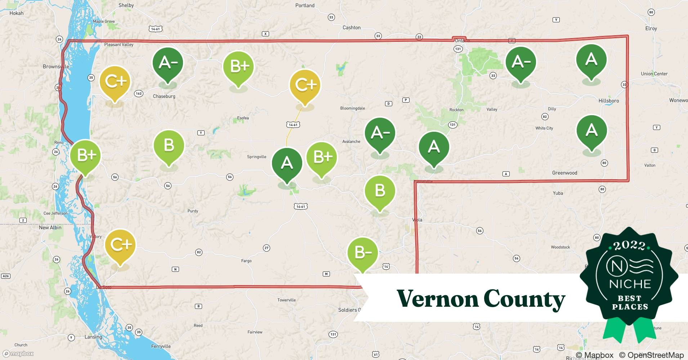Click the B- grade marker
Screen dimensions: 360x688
(x=363, y=253)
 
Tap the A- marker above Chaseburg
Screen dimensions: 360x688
(x=167, y=63)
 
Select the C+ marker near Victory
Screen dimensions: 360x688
(x=120, y=245)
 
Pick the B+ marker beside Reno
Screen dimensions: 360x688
(x=85, y=156)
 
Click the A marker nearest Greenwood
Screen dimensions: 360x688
(x=591, y=130)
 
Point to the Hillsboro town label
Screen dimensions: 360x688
(x=608, y=101)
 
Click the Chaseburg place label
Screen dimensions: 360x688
(x=164, y=96)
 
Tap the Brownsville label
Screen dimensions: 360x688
(x=56, y=67)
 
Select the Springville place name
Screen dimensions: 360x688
(x=256, y=157)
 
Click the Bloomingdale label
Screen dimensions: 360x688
(x=352, y=108)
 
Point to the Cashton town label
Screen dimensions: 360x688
(x=351, y=27)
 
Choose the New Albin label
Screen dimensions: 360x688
(x=50, y=228)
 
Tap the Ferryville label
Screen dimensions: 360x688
(x=161, y=346)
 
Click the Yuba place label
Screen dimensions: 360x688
(x=558, y=193)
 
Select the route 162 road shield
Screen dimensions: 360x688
(x=139, y=94)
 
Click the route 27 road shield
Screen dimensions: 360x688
(x=267, y=248)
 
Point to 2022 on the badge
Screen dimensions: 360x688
(x=629, y=246)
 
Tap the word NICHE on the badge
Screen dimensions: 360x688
(x=630, y=284)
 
